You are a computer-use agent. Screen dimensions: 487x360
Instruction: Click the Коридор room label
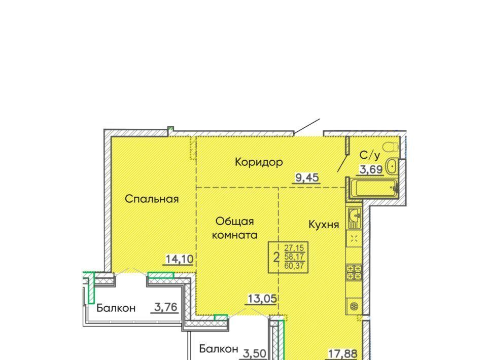click(259, 162)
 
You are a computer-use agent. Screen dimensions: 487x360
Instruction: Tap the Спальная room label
click(152, 199)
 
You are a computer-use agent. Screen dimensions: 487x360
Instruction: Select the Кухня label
click(324, 225)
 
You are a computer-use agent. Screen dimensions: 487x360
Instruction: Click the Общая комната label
click(235, 228)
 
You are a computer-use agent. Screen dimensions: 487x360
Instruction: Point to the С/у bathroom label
click(370, 155)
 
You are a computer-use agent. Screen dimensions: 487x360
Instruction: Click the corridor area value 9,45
click(307, 178)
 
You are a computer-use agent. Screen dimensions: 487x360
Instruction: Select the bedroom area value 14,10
click(180, 259)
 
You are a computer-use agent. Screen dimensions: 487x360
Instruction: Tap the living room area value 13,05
click(262, 299)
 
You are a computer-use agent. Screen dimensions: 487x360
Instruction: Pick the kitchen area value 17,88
click(343, 353)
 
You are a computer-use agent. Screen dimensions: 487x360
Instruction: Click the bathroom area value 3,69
click(371, 169)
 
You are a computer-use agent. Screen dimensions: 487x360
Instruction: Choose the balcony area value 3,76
click(165, 308)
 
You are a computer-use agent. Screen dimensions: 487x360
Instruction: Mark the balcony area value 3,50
click(255, 353)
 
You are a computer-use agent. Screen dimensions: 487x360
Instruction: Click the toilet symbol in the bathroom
click(391, 147)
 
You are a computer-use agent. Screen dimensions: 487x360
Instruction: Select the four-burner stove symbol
click(354, 272)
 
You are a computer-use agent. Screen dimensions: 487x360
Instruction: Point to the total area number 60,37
click(294, 266)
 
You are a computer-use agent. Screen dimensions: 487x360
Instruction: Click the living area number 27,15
click(294, 248)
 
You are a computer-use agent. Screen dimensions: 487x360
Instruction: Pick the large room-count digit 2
click(276, 257)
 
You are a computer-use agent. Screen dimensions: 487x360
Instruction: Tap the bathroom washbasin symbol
click(392, 166)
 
